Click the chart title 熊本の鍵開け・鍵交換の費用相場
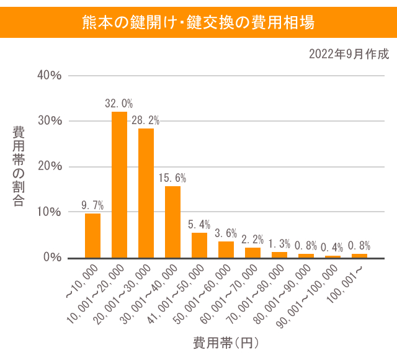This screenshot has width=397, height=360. [198, 23]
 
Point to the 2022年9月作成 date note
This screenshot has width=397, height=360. [349, 54]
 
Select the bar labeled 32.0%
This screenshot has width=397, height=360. [119, 184]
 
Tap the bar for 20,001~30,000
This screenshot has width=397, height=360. [146, 193]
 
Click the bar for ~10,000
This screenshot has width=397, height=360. [92, 235]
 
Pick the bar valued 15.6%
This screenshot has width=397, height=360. [172, 222]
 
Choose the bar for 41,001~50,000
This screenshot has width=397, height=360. [199, 245]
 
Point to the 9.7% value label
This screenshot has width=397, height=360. [92, 205]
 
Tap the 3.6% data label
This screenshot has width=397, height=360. [226, 233]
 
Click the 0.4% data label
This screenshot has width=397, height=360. [332, 248]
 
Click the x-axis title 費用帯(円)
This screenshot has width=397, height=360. [225, 342]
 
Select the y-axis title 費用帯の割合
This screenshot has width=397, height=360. [19, 166]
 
